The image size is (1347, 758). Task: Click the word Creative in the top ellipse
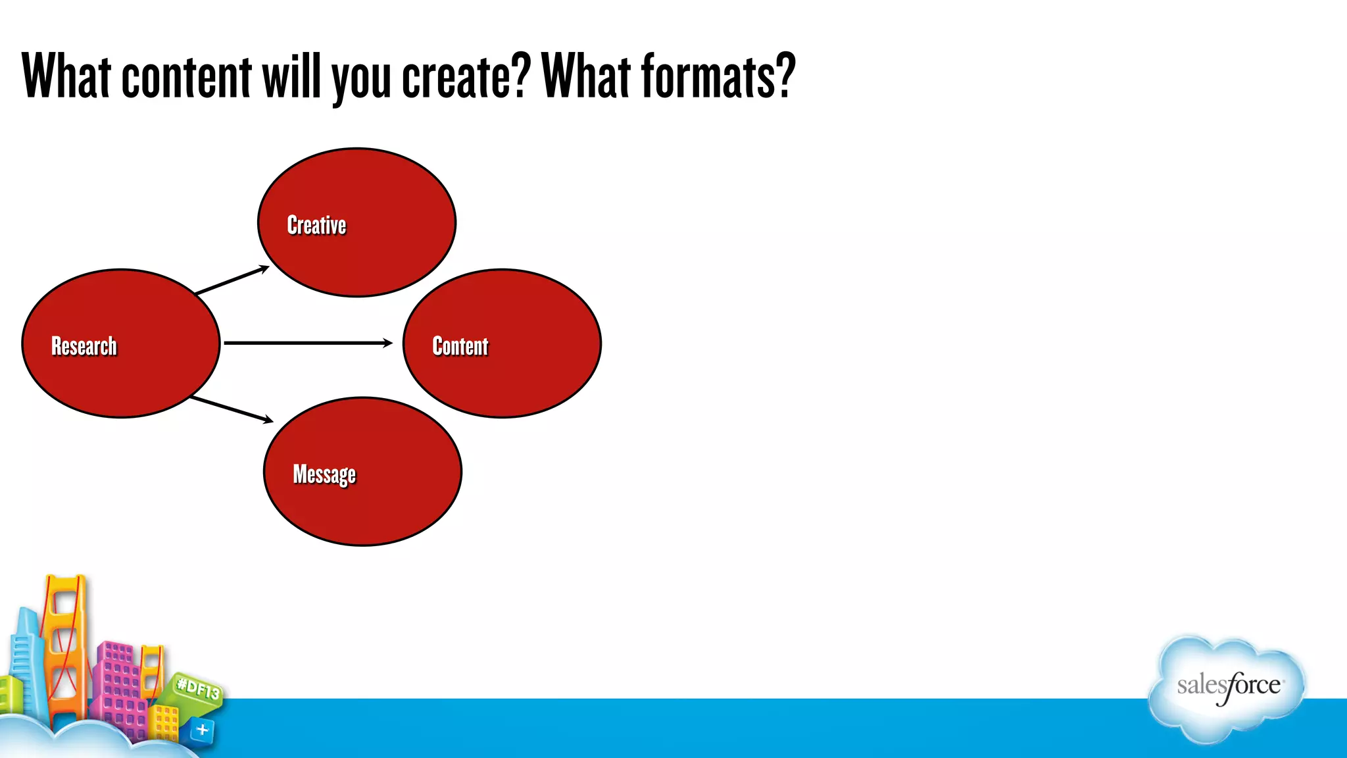click(x=316, y=225)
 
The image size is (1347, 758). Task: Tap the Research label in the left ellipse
click(x=84, y=346)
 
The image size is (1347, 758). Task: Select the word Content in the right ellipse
click(x=460, y=346)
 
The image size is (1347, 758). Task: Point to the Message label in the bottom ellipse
click(x=324, y=474)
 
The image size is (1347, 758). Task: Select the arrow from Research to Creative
click(x=232, y=280)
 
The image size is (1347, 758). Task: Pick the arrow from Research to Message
click(x=231, y=409)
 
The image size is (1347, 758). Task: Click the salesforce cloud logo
click(x=1227, y=688)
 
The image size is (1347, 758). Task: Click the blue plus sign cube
click(x=202, y=730)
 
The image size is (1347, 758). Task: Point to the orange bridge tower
click(x=64, y=645)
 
